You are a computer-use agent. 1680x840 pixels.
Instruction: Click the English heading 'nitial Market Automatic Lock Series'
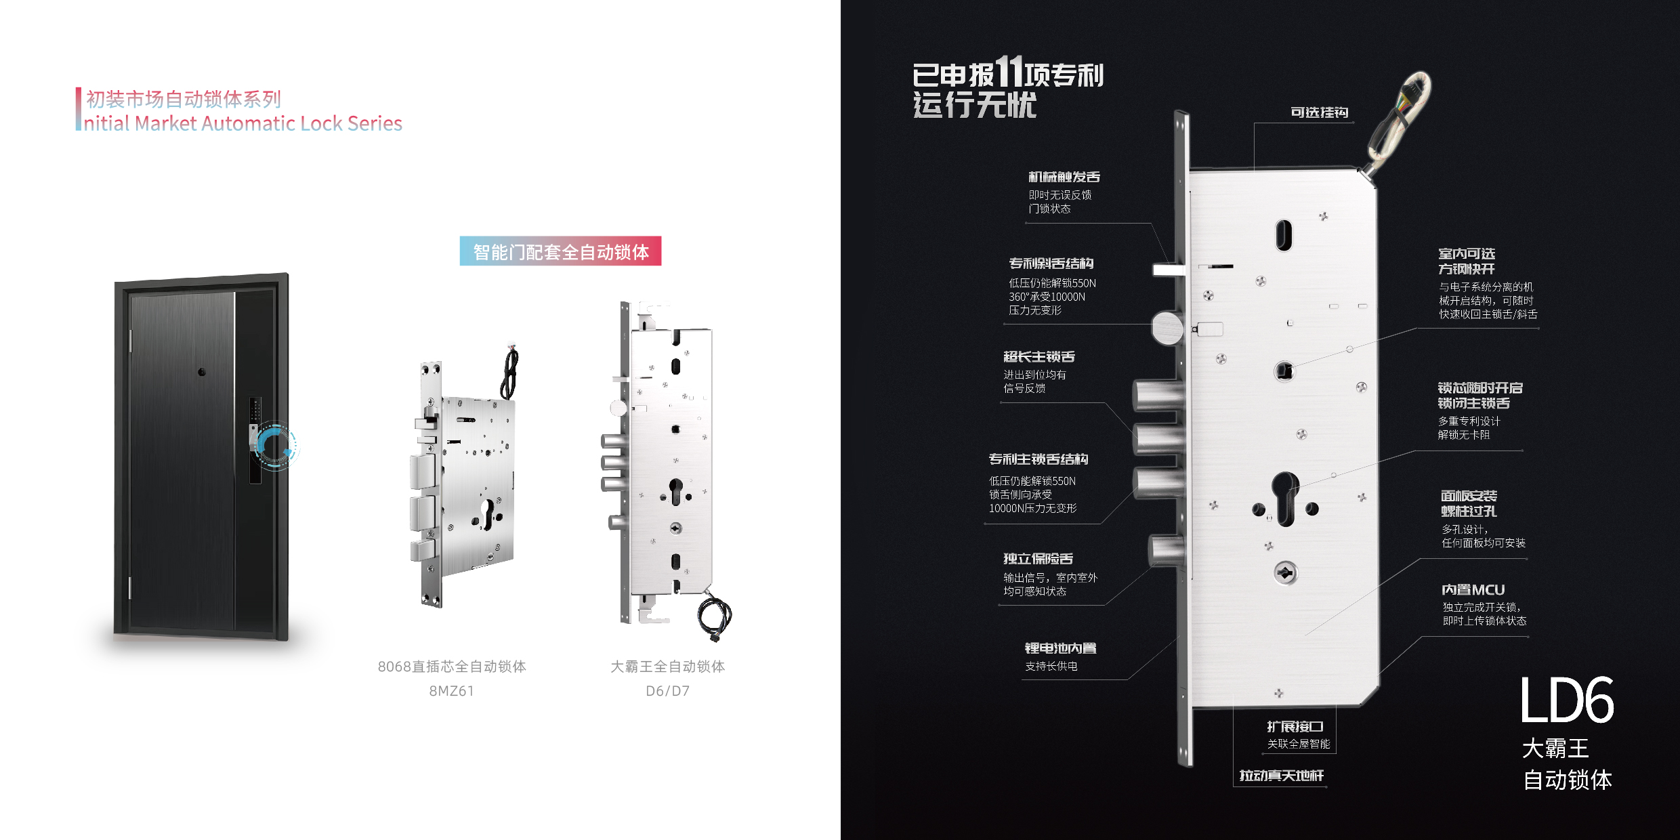coord(243,123)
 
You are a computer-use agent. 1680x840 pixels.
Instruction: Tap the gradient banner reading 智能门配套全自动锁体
coord(560,251)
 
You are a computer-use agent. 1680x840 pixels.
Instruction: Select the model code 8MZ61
coord(451,691)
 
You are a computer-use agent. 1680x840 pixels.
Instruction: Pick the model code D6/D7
coord(667,691)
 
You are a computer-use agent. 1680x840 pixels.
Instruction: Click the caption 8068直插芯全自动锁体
coord(452,667)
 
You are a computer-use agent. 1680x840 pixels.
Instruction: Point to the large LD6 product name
coord(1566,701)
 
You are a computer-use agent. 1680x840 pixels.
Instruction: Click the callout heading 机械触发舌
coord(1064,177)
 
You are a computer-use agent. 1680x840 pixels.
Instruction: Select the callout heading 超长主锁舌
coord(1038,357)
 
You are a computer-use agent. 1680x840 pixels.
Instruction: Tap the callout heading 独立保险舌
coord(1038,559)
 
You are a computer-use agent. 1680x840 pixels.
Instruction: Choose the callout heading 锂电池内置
coord(1060,648)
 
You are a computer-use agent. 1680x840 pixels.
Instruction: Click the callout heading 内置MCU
coord(1473,590)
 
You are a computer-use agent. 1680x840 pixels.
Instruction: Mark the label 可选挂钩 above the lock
coord(1319,112)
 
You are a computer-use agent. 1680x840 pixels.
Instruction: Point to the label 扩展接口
coord(1295,727)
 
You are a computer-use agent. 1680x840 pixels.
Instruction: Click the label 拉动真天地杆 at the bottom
coord(1281,776)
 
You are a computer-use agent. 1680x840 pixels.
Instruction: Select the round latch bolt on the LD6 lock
coord(1167,328)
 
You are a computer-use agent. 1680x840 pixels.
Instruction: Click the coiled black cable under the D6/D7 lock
coord(715,616)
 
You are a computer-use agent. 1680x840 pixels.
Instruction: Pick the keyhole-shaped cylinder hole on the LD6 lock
coord(1284,498)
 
